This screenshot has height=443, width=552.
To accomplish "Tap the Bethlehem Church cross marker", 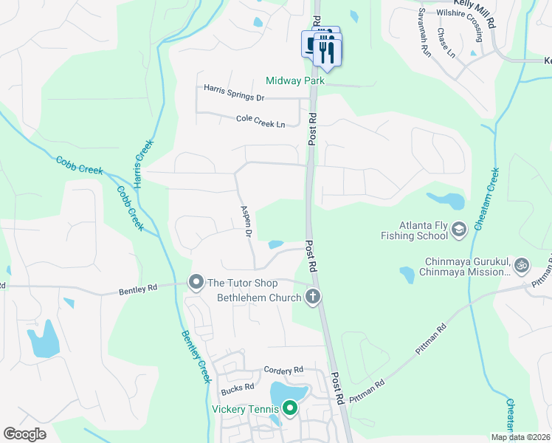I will point(313,298).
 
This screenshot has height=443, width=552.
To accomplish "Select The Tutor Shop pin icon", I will point(196,282).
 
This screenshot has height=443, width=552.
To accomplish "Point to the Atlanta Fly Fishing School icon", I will point(459,230).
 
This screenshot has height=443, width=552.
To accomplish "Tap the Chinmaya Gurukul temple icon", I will point(521,263).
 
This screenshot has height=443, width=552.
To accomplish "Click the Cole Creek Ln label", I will point(261,121).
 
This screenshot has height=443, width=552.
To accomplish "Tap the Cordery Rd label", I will point(283,370).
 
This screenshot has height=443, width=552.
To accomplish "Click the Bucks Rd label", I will point(237,387).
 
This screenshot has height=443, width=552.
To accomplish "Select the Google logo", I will point(25,434).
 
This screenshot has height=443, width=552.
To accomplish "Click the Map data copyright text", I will point(520,437).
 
